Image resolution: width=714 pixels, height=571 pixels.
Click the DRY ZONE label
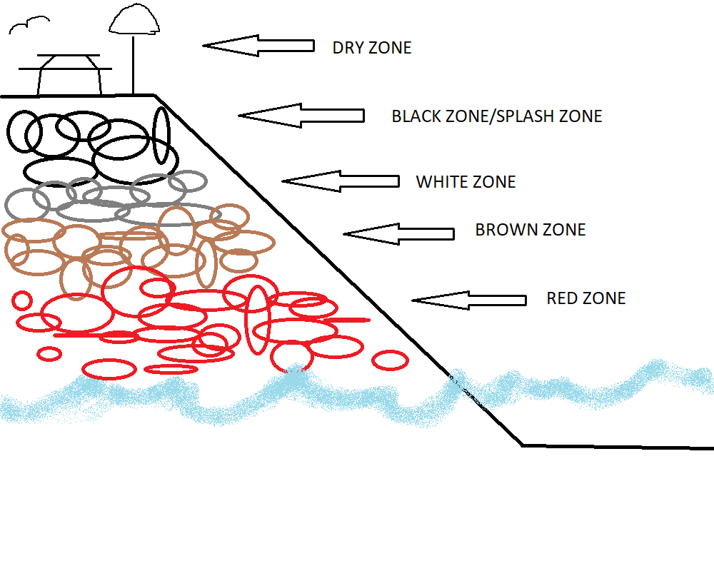pos(372,48)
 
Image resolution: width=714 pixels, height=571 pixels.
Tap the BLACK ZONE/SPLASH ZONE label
pos(496,116)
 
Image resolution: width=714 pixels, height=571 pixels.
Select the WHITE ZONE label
pos(466,182)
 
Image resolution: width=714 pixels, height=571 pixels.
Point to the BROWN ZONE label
pos(530,230)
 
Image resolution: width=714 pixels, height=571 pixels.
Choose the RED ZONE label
pos(585,298)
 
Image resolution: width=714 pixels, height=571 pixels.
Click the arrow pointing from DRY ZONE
pos(258,46)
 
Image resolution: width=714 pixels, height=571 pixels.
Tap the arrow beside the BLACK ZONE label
pos(301,116)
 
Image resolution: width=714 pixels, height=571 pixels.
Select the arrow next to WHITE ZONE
pos(341,181)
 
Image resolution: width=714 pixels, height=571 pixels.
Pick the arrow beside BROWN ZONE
pos(398,233)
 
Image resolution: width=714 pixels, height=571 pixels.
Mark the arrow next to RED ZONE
pos(469,300)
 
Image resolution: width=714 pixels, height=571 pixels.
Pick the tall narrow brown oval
pos(206,262)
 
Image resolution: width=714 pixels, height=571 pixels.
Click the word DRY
pos(347,48)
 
